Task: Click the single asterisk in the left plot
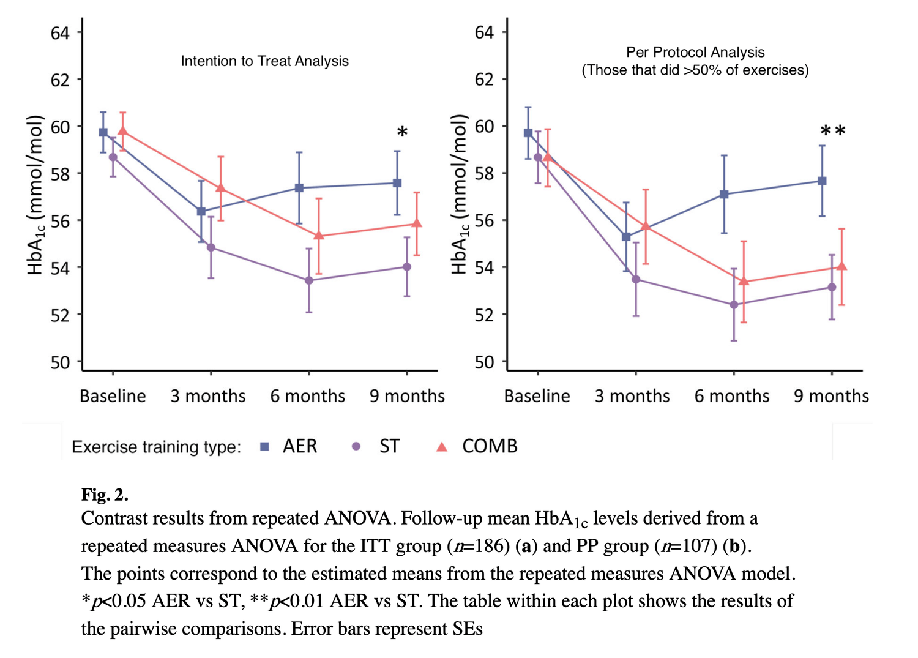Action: pos(402,132)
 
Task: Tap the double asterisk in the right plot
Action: pos(833,131)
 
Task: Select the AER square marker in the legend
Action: pos(264,447)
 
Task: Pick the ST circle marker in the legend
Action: pos(356,447)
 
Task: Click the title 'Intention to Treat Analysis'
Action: pos(264,61)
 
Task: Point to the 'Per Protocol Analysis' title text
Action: pos(695,53)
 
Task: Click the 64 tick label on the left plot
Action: pos(60,33)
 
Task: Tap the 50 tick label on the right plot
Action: pos(484,362)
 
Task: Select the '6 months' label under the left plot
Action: pos(308,397)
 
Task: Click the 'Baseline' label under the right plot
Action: pos(537,397)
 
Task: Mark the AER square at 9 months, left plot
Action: pos(397,183)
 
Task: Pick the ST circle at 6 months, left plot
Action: pos(309,280)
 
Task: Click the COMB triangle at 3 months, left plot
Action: pos(221,188)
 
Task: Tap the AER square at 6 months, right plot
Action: pos(724,194)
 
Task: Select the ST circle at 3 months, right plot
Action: pos(636,280)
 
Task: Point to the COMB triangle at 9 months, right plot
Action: pos(841,266)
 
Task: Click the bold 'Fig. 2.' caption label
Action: pos(105,495)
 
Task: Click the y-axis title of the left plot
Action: pos(36,195)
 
